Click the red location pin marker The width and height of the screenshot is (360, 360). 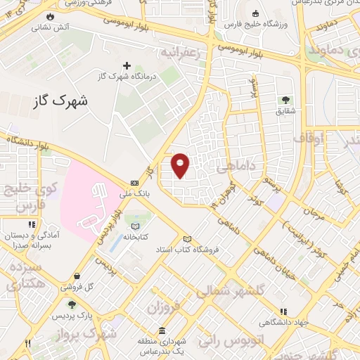point(181,164)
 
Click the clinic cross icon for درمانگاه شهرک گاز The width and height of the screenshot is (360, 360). point(127,65)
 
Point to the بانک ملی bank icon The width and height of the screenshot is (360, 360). point(134,181)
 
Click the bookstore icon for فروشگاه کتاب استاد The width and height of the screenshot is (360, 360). point(187,238)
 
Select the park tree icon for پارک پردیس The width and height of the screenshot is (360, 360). point(72,304)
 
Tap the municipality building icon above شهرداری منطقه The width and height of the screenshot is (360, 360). point(162,331)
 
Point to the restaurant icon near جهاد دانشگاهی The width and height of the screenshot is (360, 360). point(283,311)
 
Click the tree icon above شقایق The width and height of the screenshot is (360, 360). point(285,99)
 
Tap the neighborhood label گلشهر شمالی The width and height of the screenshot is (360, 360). point(220,290)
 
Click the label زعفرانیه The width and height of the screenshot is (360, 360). point(186,53)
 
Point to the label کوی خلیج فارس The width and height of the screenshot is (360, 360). point(25,196)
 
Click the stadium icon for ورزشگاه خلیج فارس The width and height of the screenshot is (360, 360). point(255,13)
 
